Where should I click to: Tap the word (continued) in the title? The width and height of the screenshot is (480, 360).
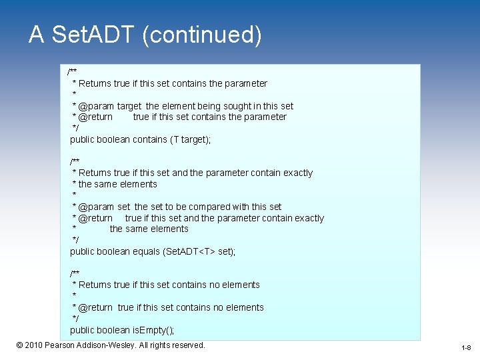(202, 35)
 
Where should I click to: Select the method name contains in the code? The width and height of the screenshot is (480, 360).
(150, 139)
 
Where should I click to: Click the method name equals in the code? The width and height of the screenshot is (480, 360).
(147, 251)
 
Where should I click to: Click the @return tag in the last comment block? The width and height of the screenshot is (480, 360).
(95, 307)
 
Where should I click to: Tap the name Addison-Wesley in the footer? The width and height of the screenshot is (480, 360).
(106, 345)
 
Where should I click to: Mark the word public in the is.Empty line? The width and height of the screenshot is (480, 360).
(83, 330)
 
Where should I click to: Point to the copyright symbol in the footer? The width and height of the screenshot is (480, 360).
(19, 345)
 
